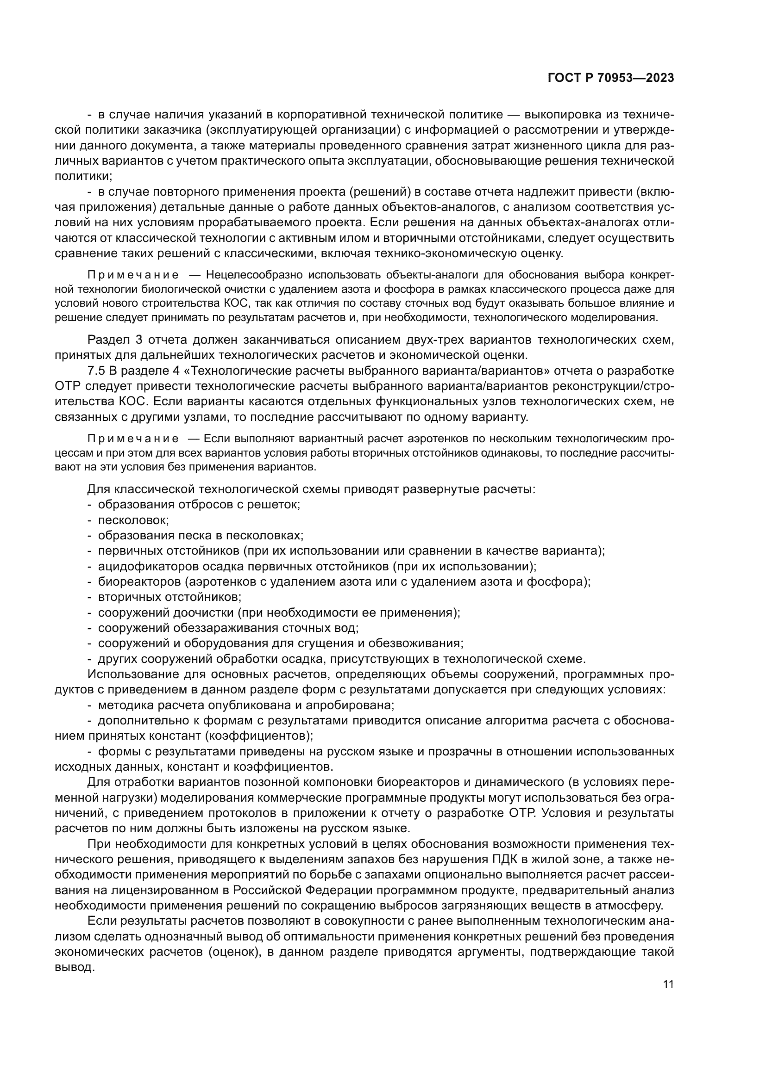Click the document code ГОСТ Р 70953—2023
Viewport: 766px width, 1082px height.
coord(610,78)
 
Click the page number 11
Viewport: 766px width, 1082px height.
coord(668,984)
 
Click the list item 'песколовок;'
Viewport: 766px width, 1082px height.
coord(133,520)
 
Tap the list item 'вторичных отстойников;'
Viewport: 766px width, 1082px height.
coord(170,597)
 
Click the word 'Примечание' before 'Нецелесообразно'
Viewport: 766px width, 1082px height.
coord(133,275)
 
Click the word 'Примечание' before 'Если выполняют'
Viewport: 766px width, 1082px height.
coord(133,439)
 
